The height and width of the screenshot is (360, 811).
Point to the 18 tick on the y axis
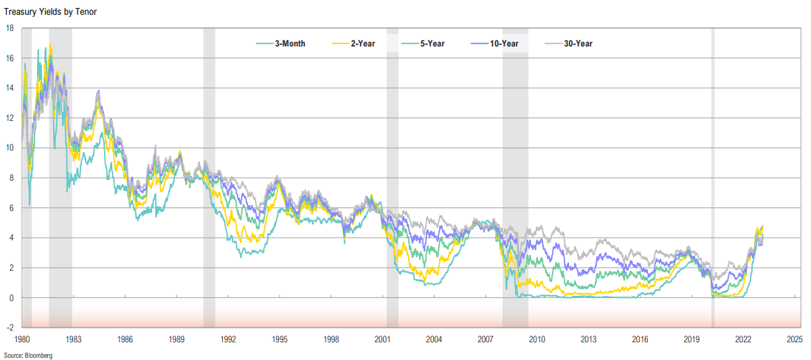(x=10, y=28)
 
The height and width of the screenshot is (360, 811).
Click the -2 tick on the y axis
(x=10, y=327)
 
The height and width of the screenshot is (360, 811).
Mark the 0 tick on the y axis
(x=12, y=297)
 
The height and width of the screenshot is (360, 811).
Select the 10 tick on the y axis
(x=10, y=148)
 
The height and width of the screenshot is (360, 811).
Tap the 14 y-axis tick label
(x=10, y=88)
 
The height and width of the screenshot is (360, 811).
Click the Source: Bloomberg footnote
(x=28, y=355)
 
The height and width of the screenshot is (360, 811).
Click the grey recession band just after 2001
(x=392, y=177)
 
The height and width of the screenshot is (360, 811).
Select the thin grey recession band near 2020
(x=713, y=177)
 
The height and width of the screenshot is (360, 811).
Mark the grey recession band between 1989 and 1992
(x=209, y=177)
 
